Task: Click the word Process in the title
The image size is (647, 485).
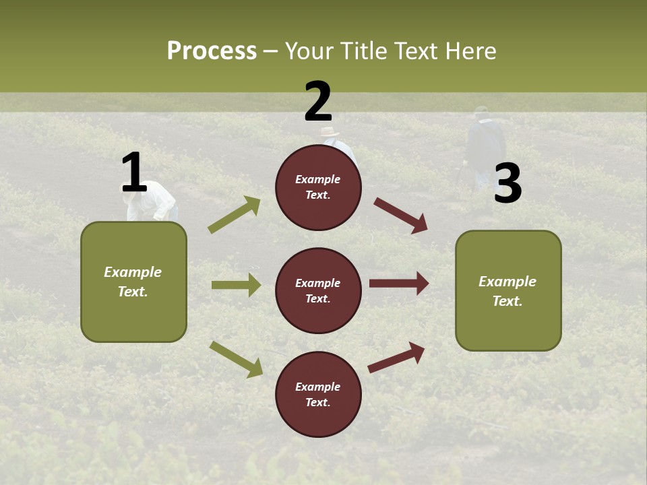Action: coord(212,51)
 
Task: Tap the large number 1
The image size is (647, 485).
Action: coord(134,173)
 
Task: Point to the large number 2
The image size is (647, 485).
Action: coord(318,102)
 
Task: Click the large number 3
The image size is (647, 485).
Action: coord(507,184)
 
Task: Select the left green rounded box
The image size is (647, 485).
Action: coord(133,282)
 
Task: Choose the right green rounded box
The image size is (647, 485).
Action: coord(508,290)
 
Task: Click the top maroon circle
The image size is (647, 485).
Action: coord(318,187)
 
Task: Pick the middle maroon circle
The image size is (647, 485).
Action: coord(318,290)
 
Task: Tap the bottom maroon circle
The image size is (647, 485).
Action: coord(318,394)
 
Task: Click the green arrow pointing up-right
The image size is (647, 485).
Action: coord(234,215)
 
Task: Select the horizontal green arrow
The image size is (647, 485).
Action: coord(236,285)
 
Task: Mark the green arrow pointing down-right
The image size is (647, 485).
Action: coord(236,358)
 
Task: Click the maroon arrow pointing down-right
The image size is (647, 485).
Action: coord(400,215)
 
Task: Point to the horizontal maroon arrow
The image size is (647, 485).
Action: coord(399,284)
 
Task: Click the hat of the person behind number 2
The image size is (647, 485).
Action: coord(329,132)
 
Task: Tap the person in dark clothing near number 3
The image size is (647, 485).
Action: coord(485,145)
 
